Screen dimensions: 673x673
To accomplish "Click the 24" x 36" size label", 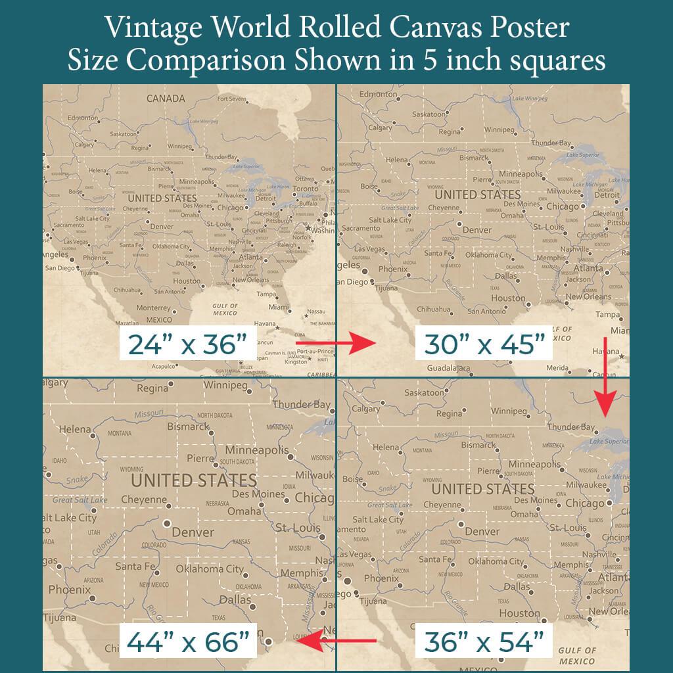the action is tap(187, 344).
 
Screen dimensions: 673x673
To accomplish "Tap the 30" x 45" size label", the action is tap(484, 344).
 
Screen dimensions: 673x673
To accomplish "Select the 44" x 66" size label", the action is tap(187, 641).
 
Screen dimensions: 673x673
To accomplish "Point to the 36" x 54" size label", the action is tap(485, 641).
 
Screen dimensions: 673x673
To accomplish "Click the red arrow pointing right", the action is tap(335, 342).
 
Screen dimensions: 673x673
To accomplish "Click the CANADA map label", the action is tap(165, 99).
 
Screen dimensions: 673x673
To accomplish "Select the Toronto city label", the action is tap(305, 189).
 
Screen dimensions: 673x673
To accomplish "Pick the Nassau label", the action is tap(316, 311).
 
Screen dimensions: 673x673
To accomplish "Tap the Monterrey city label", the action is tap(154, 308).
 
